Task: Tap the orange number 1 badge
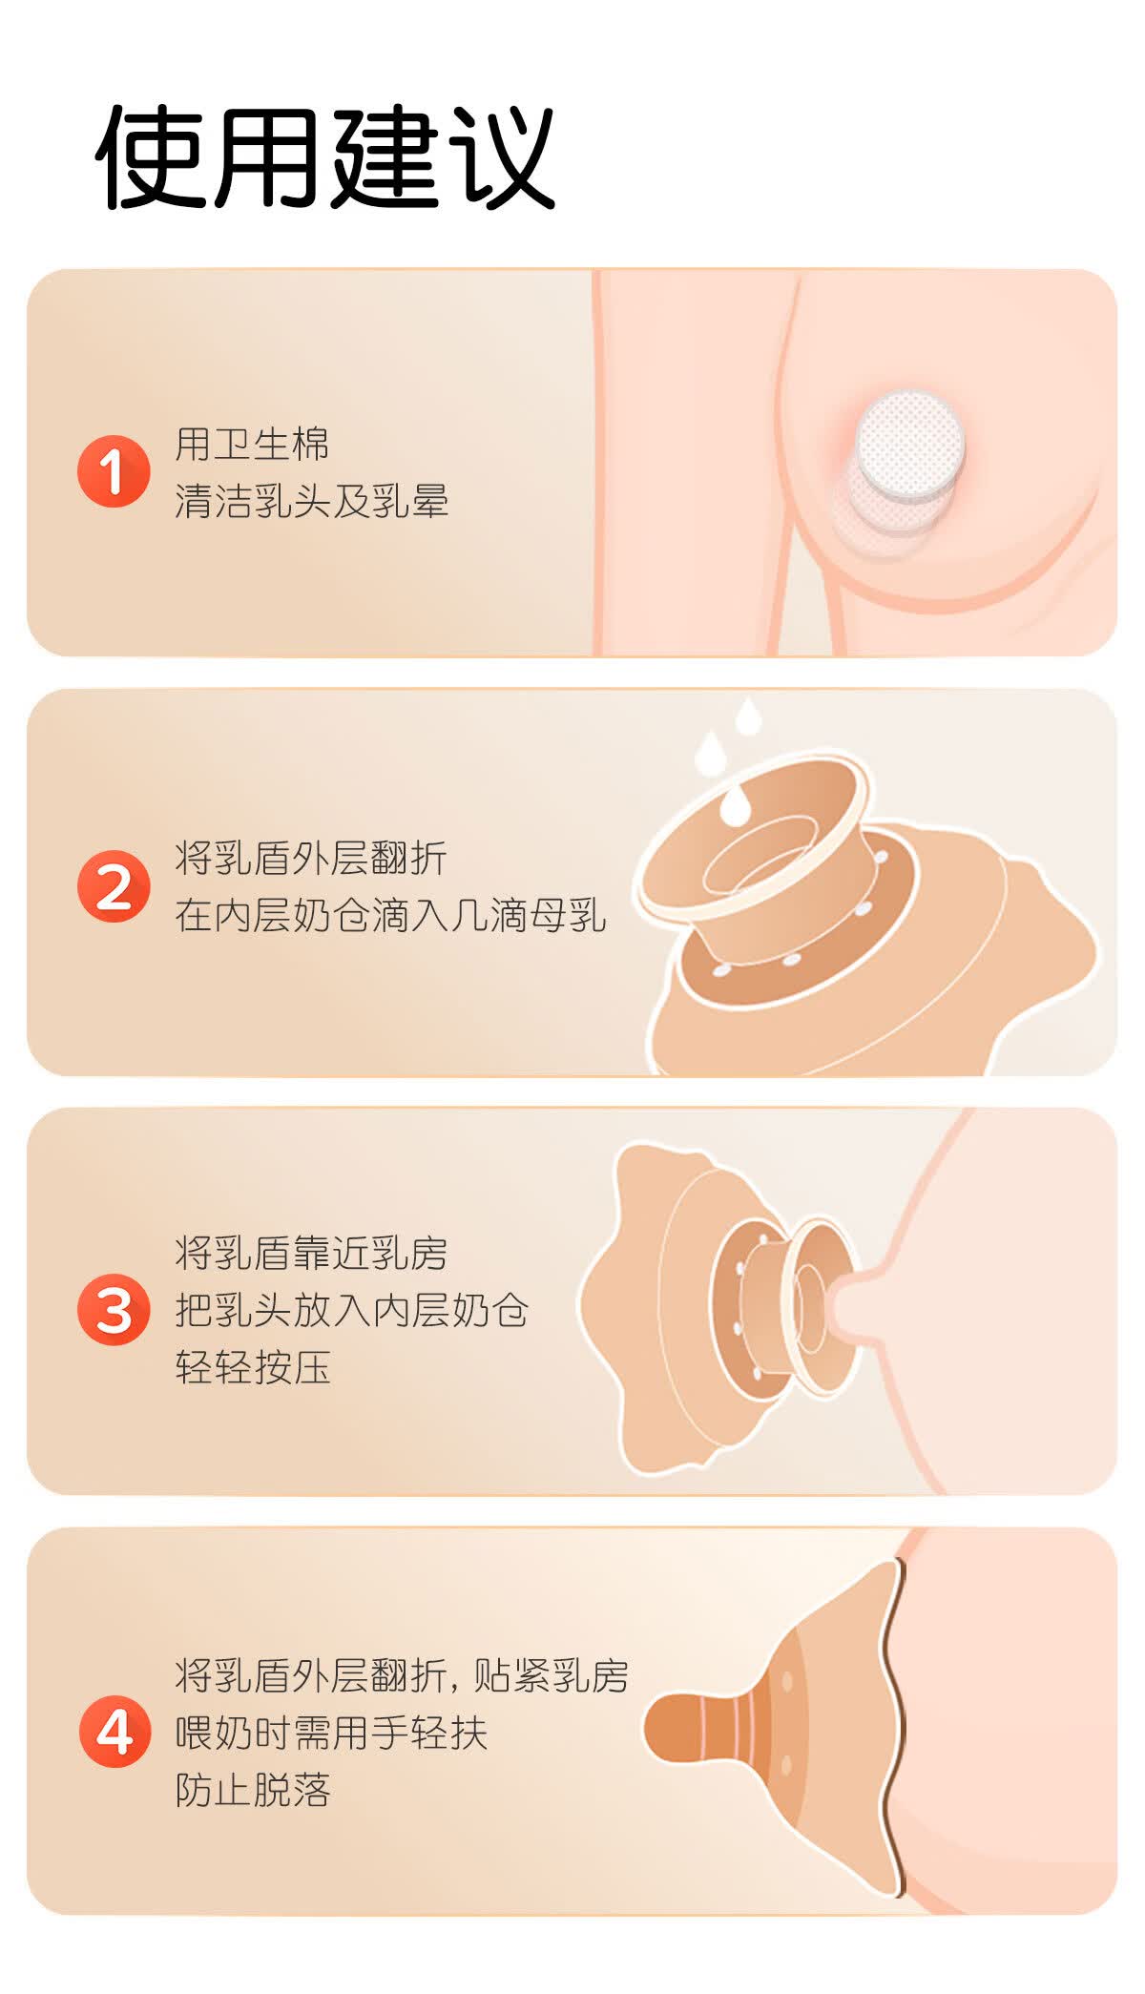tap(114, 471)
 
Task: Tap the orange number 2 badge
tap(114, 886)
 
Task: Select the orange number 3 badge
tap(114, 1310)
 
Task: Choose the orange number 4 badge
tap(114, 1731)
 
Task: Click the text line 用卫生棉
tap(252, 444)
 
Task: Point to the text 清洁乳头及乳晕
tap(311, 501)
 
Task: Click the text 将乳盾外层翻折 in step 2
tap(311, 858)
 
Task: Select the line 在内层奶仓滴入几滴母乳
tap(390, 915)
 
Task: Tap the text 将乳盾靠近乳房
tap(311, 1253)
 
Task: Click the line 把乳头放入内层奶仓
tap(351, 1310)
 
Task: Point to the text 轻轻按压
tap(252, 1367)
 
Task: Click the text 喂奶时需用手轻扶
tap(331, 1732)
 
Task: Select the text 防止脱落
tap(252, 1789)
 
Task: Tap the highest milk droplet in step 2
tap(748, 716)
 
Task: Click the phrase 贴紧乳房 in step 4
tap(551, 1674)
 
